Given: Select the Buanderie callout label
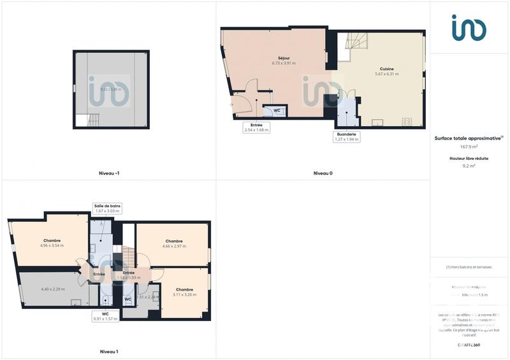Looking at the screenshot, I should [347, 134].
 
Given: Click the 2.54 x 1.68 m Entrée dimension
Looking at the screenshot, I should [256, 130].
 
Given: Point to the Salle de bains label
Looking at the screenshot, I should [107, 206].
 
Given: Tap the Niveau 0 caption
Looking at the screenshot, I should [323, 173].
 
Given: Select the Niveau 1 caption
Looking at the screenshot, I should [109, 351].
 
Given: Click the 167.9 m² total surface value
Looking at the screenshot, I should [469, 146].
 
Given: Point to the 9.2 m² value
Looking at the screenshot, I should [469, 166].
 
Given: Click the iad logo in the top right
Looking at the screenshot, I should [469, 28].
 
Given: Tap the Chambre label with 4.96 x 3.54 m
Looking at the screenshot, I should [52, 240].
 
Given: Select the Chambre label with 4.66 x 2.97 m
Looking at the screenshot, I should [174, 241].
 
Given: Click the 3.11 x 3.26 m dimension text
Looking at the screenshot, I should [184, 294].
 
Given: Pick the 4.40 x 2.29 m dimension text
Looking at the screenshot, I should [53, 289].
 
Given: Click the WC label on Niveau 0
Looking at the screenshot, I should [277, 110].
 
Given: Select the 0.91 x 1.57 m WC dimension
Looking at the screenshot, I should [106, 319].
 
